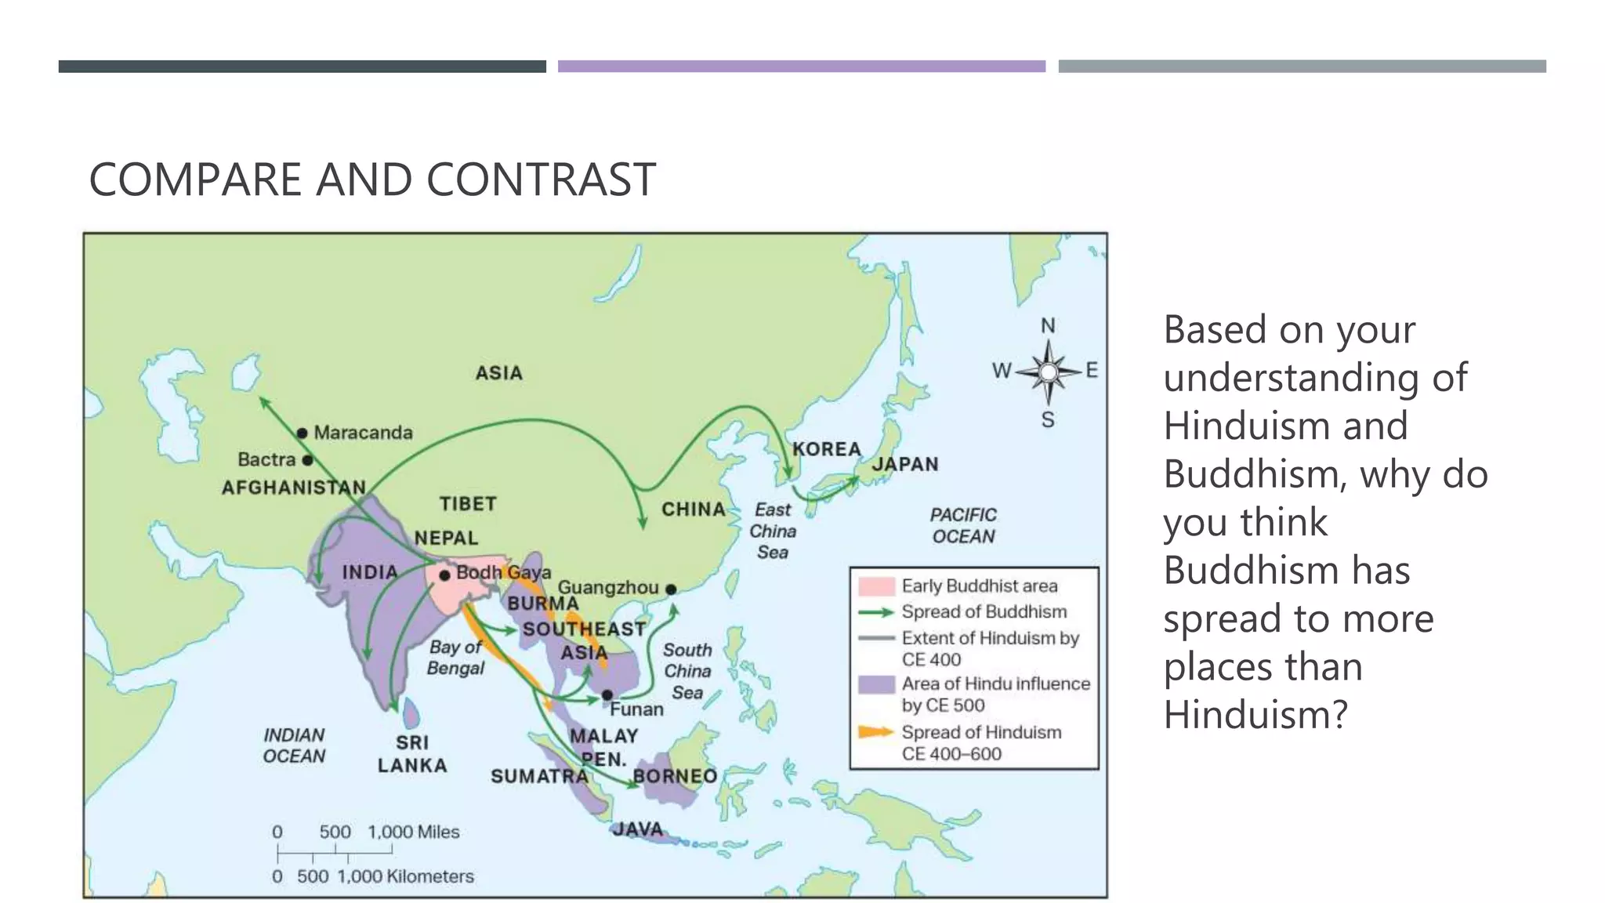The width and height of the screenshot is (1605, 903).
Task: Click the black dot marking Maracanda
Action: [x=302, y=433]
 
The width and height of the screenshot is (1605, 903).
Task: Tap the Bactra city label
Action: [x=266, y=459]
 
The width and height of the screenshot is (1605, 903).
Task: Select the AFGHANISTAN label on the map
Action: [x=294, y=488]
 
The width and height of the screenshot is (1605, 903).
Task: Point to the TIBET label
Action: [x=468, y=504]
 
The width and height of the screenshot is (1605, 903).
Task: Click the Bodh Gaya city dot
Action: [x=444, y=575]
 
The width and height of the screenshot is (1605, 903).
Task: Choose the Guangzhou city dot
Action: [x=671, y=589]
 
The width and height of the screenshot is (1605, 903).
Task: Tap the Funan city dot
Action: [x=607, y=695]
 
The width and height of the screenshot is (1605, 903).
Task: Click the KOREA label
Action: [x=827, y=449]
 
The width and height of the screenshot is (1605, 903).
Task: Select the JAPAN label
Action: [x=905, y=464]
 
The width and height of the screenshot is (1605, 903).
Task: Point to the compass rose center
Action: [x=1049, y=372]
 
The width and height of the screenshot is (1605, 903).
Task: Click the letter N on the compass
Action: [x=1048, y=325]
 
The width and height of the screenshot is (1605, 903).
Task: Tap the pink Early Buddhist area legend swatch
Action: [x=876, y=586]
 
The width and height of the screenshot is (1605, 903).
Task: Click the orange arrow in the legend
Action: [x=876, y=732]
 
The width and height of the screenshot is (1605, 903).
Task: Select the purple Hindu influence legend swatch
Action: [x=876, y=684]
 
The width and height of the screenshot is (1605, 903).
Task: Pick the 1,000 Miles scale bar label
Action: [x=414, y=832]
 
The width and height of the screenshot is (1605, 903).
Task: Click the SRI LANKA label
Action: [x=412, y=754]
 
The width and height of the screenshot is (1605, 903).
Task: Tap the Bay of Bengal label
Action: [x=455, y=658]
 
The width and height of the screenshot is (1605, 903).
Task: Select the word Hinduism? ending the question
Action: [x=1255, y=715]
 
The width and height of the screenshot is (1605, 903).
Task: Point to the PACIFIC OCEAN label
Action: [x=963, y=526]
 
